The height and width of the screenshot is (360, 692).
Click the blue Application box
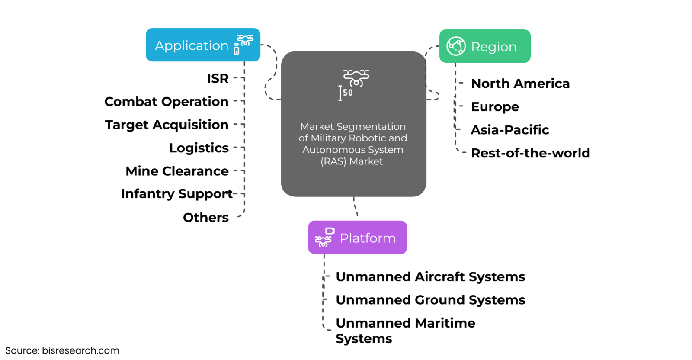203,45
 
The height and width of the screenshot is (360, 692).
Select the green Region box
485,46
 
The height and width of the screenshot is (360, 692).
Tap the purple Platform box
357,238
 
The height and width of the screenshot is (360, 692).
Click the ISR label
218,78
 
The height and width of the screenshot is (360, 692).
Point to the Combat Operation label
166,102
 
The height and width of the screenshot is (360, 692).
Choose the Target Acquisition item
167,125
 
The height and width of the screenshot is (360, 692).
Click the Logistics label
199,148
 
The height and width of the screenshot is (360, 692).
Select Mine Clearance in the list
177,171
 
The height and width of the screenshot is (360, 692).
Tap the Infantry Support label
176,194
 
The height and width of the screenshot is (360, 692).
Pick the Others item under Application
205,217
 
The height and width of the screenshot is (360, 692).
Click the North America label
520,84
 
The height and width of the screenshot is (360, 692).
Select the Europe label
495,107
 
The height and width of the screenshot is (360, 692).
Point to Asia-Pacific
510,130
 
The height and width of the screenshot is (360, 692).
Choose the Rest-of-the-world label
530,153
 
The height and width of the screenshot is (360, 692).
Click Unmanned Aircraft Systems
430,277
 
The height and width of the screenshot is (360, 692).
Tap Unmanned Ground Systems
430,300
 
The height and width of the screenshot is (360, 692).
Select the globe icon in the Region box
456,46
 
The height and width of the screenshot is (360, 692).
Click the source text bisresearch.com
62,350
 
